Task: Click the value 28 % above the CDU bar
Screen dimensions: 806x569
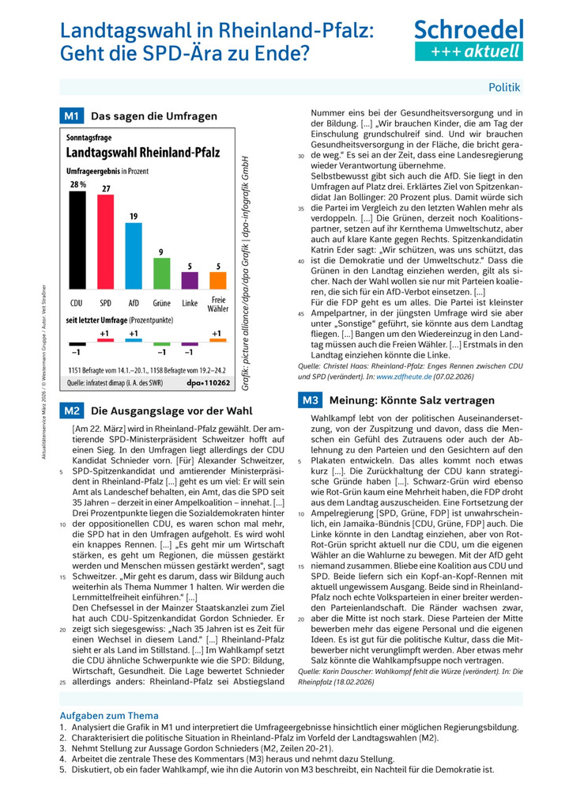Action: [x=77, y=184]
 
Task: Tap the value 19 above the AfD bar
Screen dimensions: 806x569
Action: [x=134, y=216]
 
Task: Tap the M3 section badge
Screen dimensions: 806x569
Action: [x=309, y=400]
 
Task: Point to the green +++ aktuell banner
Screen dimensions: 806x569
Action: [x=469, y=51]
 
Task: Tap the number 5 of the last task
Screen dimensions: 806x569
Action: [x=62, y=769]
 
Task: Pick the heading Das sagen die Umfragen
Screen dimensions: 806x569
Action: [x=154, y=116]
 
